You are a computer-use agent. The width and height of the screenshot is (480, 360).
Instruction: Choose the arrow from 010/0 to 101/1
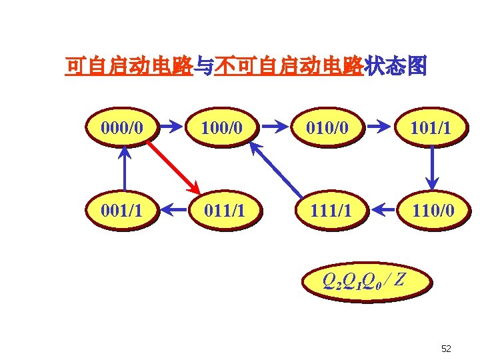pyautogui.click(x=379, y=125)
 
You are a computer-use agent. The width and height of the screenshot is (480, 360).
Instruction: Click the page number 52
pyautogui.click(x=447, y=349)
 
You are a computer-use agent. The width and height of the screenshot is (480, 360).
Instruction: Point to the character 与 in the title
pyautogui.click(x=204, y=67)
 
